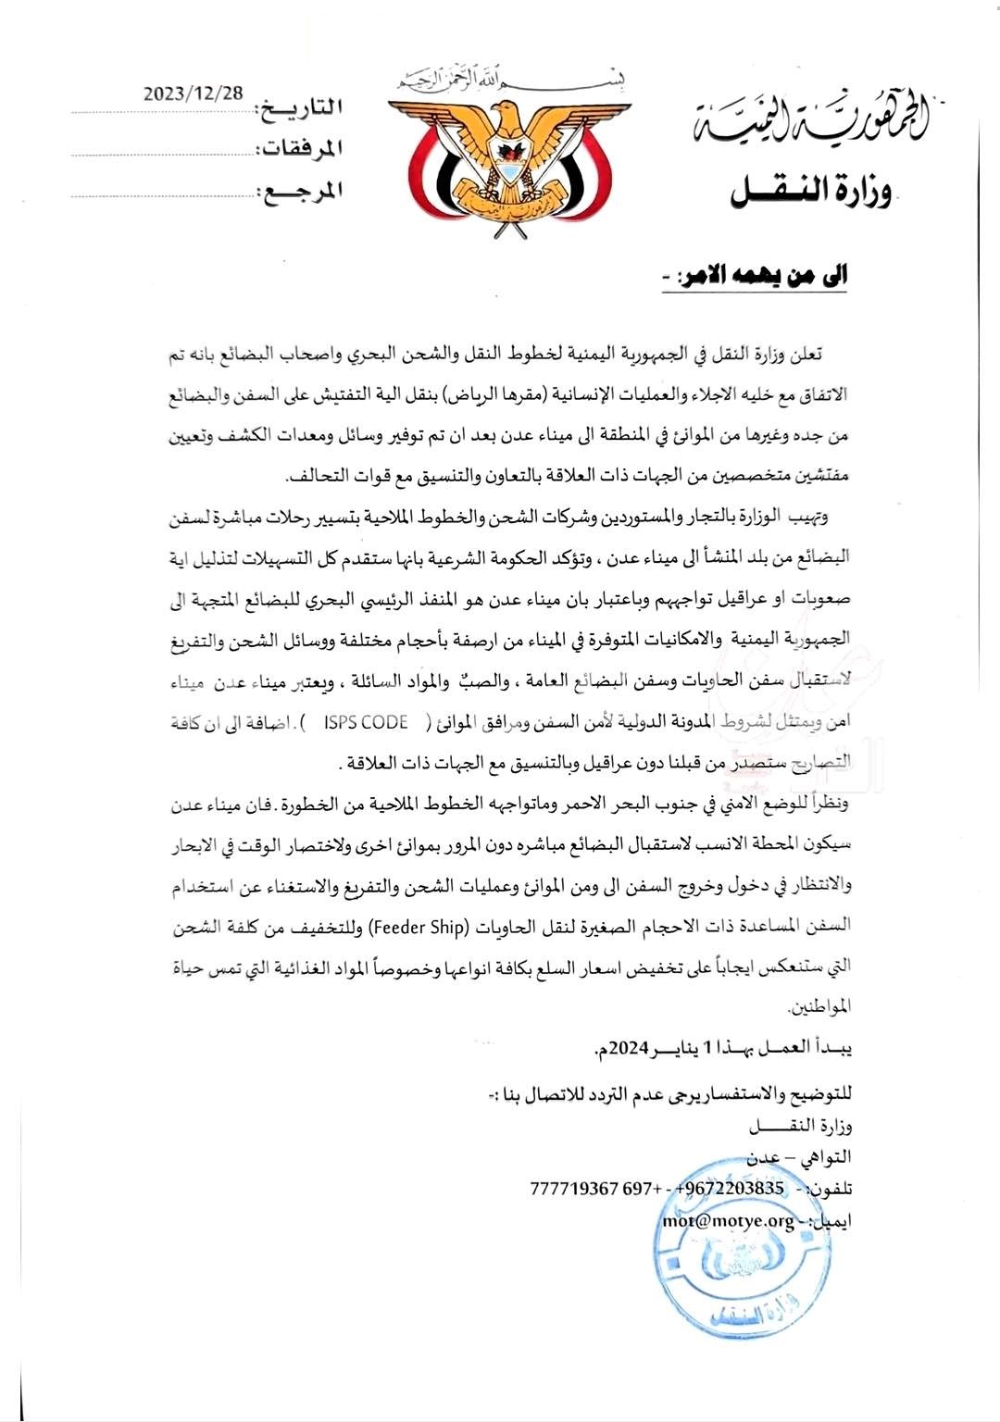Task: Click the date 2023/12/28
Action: tap(194, 94)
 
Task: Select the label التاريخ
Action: tap(299, 108)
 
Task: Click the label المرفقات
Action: tap(299, 149)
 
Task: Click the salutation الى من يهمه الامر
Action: tap(761, 275)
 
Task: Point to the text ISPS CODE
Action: tap(366, 724)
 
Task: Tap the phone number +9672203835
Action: tap(731, 1189)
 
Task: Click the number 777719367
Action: tap(574, 1189)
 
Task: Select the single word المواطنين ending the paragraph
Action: tap(819, 1006)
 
